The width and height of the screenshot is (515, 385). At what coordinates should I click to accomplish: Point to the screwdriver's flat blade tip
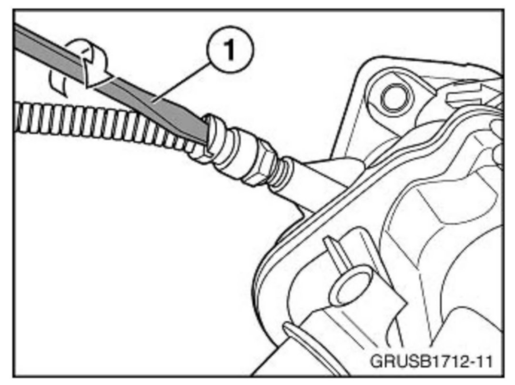(204, 136)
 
